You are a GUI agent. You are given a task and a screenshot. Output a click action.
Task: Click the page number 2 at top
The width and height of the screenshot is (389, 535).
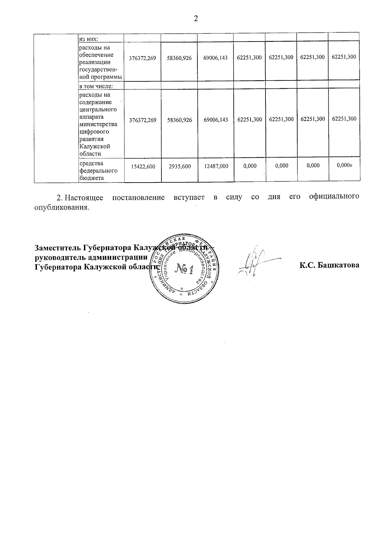[195, 18]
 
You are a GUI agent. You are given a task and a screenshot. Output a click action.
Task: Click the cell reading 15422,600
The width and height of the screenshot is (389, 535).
[143, 166]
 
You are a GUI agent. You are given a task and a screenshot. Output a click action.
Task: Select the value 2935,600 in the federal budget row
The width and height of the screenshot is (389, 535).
[180, 166]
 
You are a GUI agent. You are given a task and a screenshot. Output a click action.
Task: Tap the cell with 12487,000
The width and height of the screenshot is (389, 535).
[216, 166]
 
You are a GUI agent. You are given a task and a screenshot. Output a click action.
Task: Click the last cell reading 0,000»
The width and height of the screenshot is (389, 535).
[344, 165]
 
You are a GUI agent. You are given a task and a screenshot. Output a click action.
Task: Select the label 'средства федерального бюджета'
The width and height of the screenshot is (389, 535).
[99, 171]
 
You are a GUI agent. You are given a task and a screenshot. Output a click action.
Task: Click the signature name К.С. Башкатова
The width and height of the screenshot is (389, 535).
[329, 265]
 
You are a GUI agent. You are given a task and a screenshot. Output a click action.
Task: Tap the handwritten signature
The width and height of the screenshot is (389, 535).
[256, 264]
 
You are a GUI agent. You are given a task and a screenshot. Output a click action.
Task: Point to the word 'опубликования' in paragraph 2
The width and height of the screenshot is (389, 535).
[62, 207]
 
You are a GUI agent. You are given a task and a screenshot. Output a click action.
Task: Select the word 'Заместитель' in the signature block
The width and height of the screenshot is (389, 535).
[58, 248]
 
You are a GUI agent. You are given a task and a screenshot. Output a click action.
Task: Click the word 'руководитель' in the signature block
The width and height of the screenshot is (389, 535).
[57, 257]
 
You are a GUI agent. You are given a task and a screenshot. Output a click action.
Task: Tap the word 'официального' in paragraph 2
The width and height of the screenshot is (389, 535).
[334, 196]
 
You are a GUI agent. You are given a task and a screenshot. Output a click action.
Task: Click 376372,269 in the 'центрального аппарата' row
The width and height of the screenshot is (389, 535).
[143, 120]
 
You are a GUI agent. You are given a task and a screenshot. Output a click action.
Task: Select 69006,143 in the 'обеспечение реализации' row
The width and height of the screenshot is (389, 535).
[216, 58]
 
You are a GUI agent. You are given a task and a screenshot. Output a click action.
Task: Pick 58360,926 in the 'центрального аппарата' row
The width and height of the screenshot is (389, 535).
[180, 120]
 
